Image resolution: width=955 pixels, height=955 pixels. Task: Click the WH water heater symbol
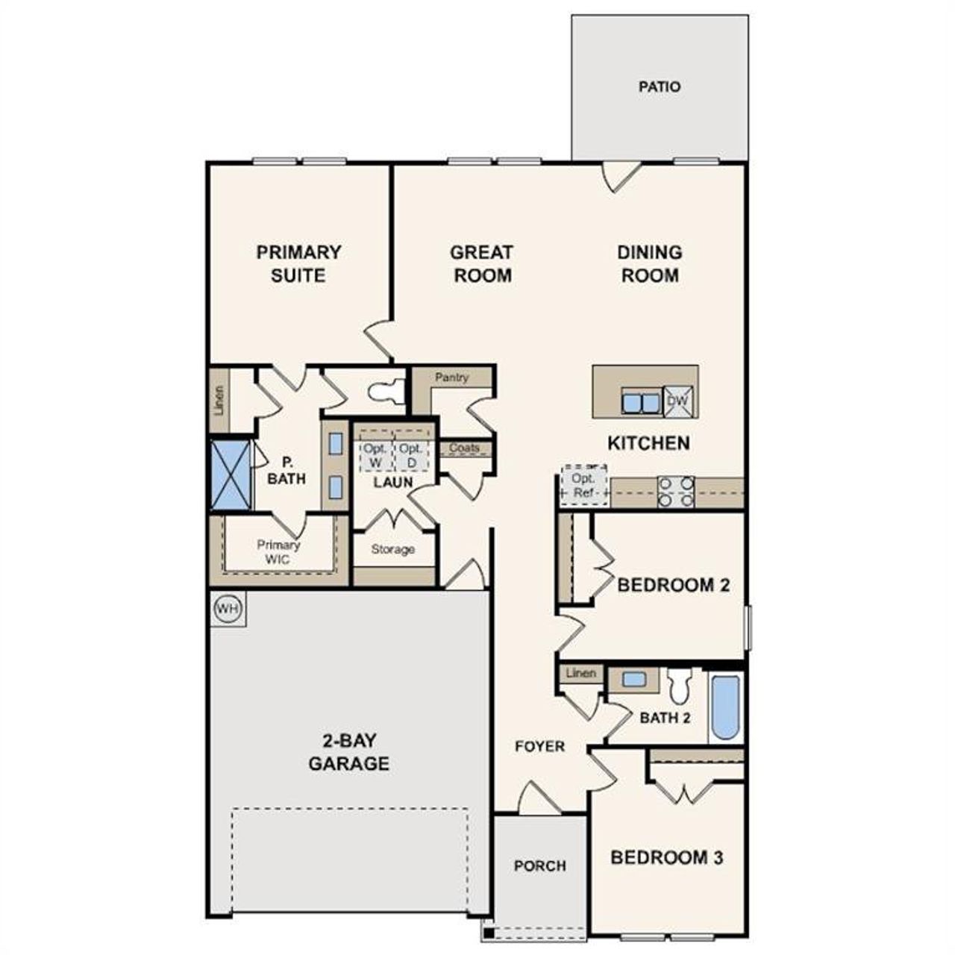(228, 609)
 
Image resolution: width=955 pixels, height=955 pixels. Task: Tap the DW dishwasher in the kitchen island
(679, 401)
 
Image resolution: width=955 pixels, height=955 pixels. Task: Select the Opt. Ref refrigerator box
(583, 486)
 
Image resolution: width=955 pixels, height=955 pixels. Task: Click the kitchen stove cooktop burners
(676, 492)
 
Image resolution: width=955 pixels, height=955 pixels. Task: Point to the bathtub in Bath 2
(725, 706)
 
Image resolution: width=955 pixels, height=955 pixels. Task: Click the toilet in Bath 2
(680, 686)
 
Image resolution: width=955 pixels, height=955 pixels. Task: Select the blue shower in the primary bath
(231, 475)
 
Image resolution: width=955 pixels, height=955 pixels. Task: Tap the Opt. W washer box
(375, 455)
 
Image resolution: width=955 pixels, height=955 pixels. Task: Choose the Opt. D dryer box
(410, 455)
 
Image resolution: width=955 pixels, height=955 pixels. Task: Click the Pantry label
(451, 378)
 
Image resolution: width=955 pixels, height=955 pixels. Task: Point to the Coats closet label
(465, 448)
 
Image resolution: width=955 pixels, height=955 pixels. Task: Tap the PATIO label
(660, 87)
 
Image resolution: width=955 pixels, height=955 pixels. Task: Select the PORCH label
(539, 866)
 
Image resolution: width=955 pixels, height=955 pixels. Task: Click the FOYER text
(539, 746)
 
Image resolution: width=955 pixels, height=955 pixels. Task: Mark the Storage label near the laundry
(392, 549)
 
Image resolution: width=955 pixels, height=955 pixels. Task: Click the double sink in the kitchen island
(641, 403)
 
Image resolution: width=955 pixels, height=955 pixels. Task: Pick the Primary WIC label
(278, 551)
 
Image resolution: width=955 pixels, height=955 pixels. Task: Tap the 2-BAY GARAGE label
(349, 752)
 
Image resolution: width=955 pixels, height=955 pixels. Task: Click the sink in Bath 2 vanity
(633, 680)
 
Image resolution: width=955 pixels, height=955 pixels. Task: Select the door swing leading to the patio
(620, 176)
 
